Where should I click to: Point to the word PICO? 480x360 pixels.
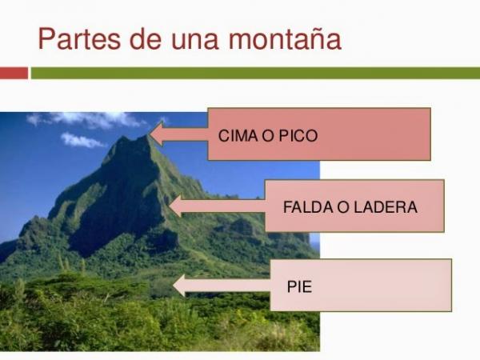pyautogui.click(x=298, y=136)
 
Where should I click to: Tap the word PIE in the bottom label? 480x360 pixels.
pyautogui.click(x=299, y=283)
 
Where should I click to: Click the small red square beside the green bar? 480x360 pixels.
pyautogui.click(x=14, y=73)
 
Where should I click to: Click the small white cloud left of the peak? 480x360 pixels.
pyautogui.click(x=82, y=141)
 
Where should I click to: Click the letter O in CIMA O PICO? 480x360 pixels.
pyautogui.click(x=267, y=136)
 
